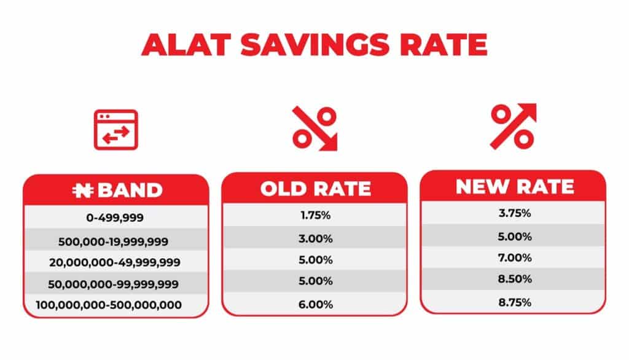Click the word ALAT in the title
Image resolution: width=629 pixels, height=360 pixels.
point(187,44)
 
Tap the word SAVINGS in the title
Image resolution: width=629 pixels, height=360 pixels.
point(315,44)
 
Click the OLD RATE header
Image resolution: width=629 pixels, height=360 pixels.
point(316,189)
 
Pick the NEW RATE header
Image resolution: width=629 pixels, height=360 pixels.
point(515,187)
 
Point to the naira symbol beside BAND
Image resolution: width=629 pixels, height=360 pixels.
point(83,190)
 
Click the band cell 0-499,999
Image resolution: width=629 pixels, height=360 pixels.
point(115,217)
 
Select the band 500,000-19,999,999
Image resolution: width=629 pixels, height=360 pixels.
point(113,241)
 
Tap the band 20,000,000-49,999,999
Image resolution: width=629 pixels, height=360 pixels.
point(115,262)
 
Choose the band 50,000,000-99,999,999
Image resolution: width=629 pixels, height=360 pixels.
point(113,284)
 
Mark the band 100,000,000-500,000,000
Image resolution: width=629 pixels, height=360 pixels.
point(109,305)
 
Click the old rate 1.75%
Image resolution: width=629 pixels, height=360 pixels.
point(316,216)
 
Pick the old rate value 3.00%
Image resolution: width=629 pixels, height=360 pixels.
point(316,239)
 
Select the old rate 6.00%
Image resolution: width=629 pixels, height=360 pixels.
point(316,305)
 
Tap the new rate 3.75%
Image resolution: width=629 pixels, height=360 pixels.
point(515,213)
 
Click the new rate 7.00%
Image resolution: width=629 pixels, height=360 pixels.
point(515,257)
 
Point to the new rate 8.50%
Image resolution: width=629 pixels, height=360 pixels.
point(515,279)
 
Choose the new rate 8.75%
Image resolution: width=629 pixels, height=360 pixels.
point(515,302)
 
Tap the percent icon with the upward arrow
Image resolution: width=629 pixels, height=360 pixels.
point(514,126)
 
